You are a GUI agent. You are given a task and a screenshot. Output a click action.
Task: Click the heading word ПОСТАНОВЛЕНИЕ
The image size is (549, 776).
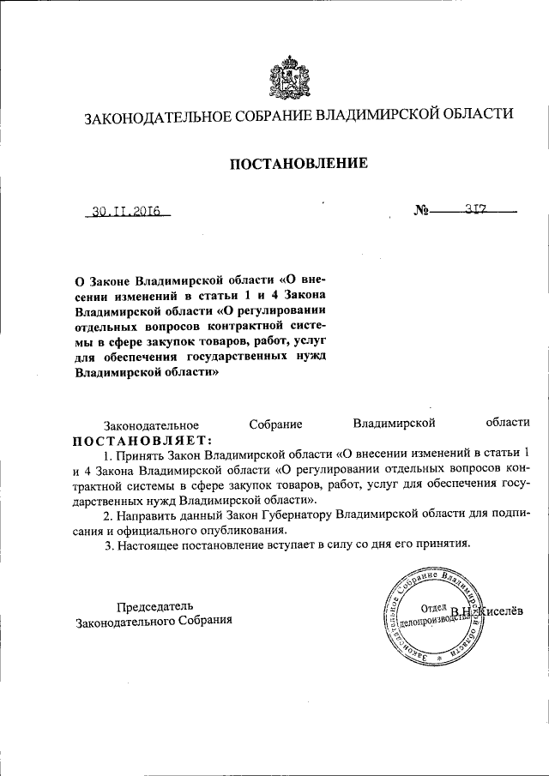[298, 163]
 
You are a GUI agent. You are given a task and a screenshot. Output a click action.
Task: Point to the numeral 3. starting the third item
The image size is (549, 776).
[108, 544]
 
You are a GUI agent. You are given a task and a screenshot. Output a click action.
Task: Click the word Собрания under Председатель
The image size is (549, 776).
[201, 620]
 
